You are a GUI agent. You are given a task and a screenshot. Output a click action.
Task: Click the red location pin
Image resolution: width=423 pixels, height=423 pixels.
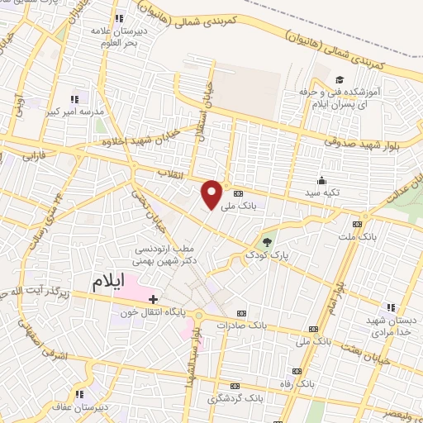(212, 194)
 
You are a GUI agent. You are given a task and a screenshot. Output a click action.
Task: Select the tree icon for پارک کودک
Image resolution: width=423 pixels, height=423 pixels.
(266, 242)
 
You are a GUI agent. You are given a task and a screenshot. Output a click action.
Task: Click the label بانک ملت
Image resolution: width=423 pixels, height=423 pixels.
(357, 236)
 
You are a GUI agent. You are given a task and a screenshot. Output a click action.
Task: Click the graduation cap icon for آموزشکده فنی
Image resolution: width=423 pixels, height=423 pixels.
(338, 79)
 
